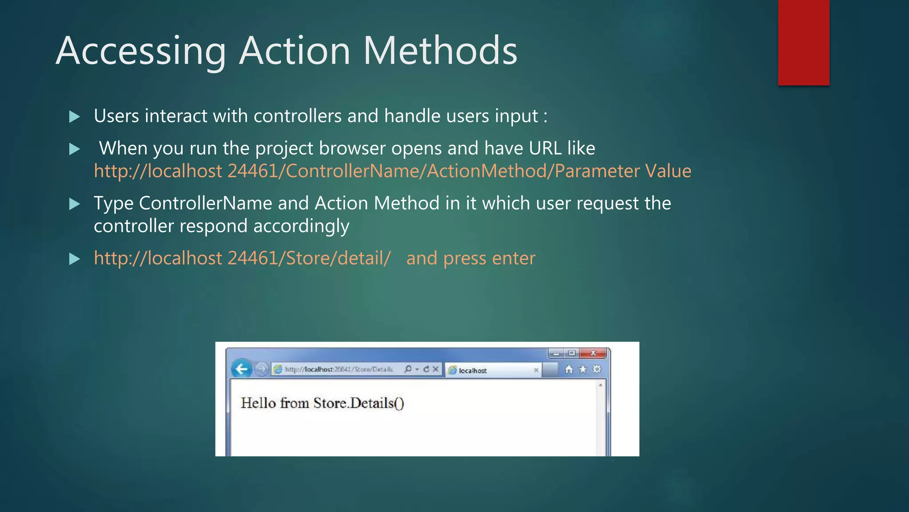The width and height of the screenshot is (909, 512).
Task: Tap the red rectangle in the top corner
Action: click(803, 42)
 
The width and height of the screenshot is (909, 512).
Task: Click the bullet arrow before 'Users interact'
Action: click(75, 117)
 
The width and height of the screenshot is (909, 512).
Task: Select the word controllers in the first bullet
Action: click(297, 116)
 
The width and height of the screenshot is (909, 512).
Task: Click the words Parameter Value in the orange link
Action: click(623, 171)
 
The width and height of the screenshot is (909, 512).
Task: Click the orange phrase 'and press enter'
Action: click(470, 258)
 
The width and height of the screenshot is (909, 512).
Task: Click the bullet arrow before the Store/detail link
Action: click(75, 259)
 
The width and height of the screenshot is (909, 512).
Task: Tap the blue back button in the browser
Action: click(241, 369)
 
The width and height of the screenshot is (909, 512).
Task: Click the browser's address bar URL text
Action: click(338, 369)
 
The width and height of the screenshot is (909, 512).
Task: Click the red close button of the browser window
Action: click(593, 353)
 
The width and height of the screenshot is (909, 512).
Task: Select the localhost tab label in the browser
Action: click(472, 370)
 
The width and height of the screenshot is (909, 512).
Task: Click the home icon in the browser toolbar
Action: click(569, 369)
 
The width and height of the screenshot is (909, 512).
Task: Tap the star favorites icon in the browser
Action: click(583, 369)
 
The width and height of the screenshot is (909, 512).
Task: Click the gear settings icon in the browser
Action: click(597, 369)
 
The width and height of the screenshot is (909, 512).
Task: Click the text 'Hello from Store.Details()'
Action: click(322, 403)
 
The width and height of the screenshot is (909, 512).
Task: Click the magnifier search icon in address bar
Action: click(408, 369)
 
